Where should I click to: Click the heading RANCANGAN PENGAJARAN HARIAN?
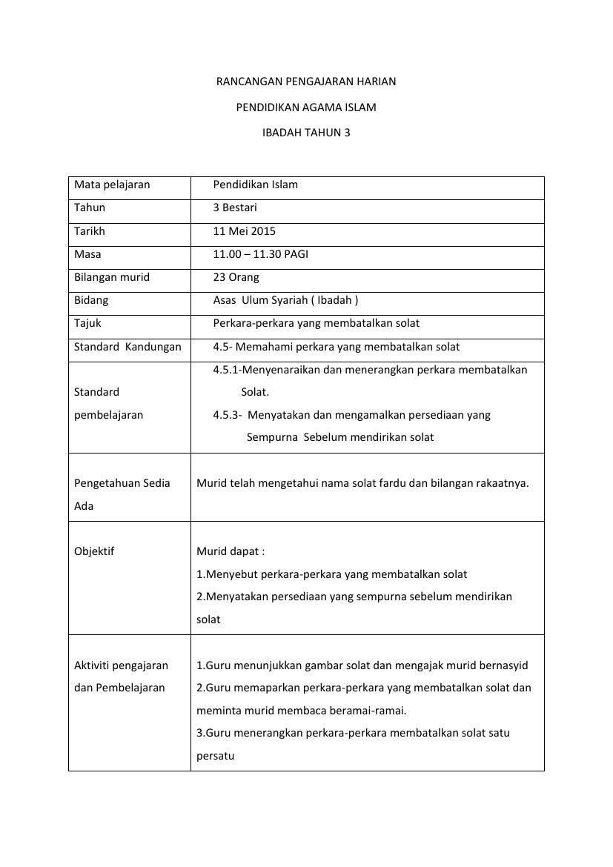(305, 82)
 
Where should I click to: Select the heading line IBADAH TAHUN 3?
(305, 133)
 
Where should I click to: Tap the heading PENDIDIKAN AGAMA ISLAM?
(305, 107)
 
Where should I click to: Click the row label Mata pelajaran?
(112, 185)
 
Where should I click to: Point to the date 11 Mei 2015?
(245, 231)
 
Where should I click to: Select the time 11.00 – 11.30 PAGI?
(261, 254)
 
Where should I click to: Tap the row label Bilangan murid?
(112, 277)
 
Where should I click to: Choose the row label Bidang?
(91, 300)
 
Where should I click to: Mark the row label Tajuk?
(88, 323)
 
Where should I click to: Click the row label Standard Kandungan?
(127, 347)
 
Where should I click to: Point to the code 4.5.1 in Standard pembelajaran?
(226, 369)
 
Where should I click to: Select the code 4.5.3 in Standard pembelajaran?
(226, 415)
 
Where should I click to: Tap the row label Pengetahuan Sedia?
(122, 483)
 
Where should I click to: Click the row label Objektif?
(94, 551)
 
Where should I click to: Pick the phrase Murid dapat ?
(231, 551)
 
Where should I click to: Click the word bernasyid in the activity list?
(503, 665)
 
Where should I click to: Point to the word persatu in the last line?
(216, 757)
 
